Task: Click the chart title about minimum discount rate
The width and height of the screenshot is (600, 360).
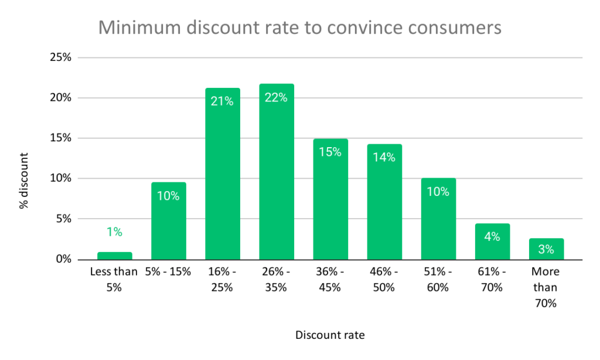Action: point(299,27)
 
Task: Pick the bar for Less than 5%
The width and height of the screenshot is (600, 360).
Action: point(115,256)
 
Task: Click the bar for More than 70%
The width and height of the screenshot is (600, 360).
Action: point(546,249)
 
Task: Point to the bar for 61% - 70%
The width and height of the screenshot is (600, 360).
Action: point(492,242)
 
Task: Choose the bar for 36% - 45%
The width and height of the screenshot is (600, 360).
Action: point(330,199)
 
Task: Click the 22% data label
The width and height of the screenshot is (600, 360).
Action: point(277,98)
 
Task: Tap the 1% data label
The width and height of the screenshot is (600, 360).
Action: point(115,232)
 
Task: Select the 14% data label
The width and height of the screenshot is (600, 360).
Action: point(384,157)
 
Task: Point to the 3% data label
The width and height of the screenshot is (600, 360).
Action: point(546,249)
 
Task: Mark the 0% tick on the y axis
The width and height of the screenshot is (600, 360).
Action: point(62,259)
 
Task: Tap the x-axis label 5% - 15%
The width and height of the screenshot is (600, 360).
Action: point(169,272)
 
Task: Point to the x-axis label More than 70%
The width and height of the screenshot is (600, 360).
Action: point(546,287)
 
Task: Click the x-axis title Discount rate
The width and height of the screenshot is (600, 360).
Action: point(330,335)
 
